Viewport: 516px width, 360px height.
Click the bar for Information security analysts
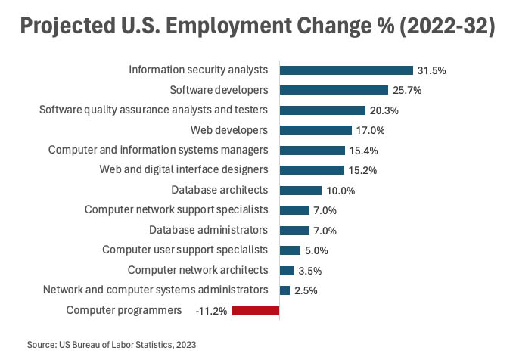346,70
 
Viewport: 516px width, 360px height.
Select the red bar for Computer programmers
256,310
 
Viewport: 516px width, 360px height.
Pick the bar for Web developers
316,130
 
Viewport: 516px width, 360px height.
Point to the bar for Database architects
300,190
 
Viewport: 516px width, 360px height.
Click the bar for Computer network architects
287,270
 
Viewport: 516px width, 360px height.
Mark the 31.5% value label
431,70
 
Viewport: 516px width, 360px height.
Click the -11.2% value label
211,310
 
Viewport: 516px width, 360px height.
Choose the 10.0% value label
340,191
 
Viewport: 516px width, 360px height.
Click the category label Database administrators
208,230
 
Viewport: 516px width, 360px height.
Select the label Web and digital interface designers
184,169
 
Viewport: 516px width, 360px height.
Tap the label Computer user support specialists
185,250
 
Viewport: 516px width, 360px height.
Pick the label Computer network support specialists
176,209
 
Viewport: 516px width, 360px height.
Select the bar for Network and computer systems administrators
284,290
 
